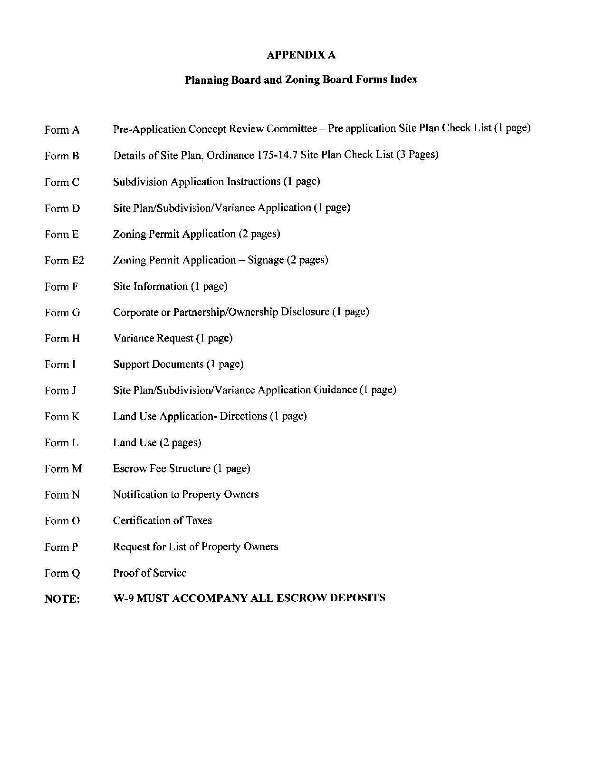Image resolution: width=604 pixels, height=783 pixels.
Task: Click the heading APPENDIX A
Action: [x=301, y=55]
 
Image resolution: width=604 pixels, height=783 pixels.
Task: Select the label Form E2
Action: [x=64, y=261]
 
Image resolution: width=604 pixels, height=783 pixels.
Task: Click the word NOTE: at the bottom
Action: [x=62, y=599]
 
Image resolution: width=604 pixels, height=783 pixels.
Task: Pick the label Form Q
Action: [x=62, y=574]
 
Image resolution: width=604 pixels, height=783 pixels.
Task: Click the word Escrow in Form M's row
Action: [x=130, y=469]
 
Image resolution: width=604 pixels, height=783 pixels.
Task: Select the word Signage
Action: [x=266, y=260]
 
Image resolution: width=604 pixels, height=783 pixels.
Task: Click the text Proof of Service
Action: [x=150, y=573]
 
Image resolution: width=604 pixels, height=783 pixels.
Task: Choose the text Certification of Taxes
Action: [x=163, y=521]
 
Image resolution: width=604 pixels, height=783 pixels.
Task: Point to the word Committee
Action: [x=291, y=129]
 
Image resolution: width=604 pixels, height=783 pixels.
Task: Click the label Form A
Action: [x=62, y=130]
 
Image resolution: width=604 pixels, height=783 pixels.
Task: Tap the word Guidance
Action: [x=335, y=390]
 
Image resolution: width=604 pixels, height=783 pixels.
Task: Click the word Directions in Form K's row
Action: [x=243, y=416]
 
